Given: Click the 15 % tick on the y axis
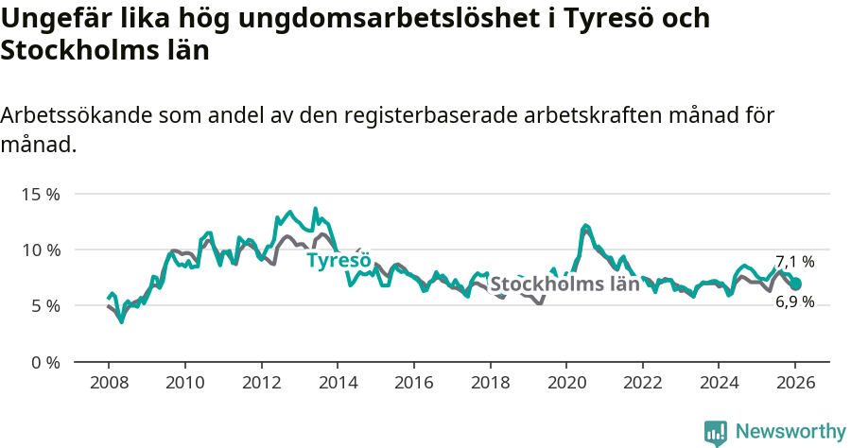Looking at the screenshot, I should pos(40,194).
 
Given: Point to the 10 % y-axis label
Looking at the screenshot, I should pos(40,250).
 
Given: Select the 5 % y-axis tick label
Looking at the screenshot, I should pos(43,305).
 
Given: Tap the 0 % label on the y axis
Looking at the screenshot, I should pos(43,362).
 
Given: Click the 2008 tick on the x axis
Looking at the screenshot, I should pos(108,385).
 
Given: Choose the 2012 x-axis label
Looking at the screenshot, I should pos(261,385).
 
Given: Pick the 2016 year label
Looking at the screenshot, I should pos(413,385).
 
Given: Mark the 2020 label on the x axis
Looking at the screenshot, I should pos(565,385).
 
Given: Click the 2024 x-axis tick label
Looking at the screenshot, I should pos(719,385).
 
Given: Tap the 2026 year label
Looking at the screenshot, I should pos(795,385).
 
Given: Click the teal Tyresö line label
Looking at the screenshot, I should pos(339,260).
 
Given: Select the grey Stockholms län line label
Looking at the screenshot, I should pos(564,284).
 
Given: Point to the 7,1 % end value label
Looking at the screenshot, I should pos(795,262).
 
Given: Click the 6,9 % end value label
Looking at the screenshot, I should pos(795,302).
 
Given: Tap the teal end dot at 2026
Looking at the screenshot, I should pos(795,284).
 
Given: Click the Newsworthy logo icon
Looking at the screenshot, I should pos(716,433).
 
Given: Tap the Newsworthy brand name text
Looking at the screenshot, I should pos(790,432).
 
